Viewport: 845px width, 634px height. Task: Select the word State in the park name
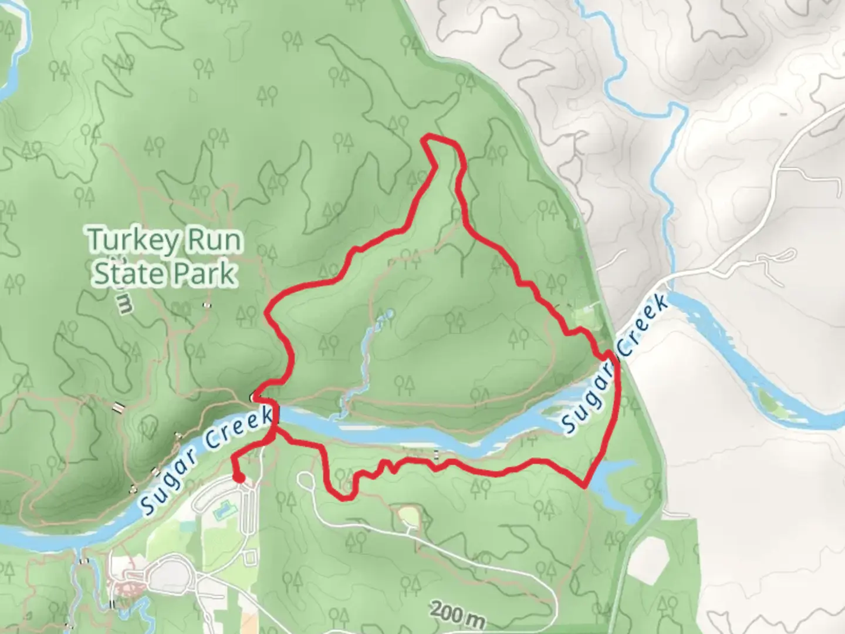pos(122,274)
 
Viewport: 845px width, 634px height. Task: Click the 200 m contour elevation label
pos(458,614)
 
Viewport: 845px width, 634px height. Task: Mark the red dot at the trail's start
pos(239,478)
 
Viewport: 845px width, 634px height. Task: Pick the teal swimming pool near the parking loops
pos(222,512)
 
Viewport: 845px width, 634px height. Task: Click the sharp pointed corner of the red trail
pos(585,485)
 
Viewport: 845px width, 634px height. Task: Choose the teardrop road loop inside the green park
pos(305,480)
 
